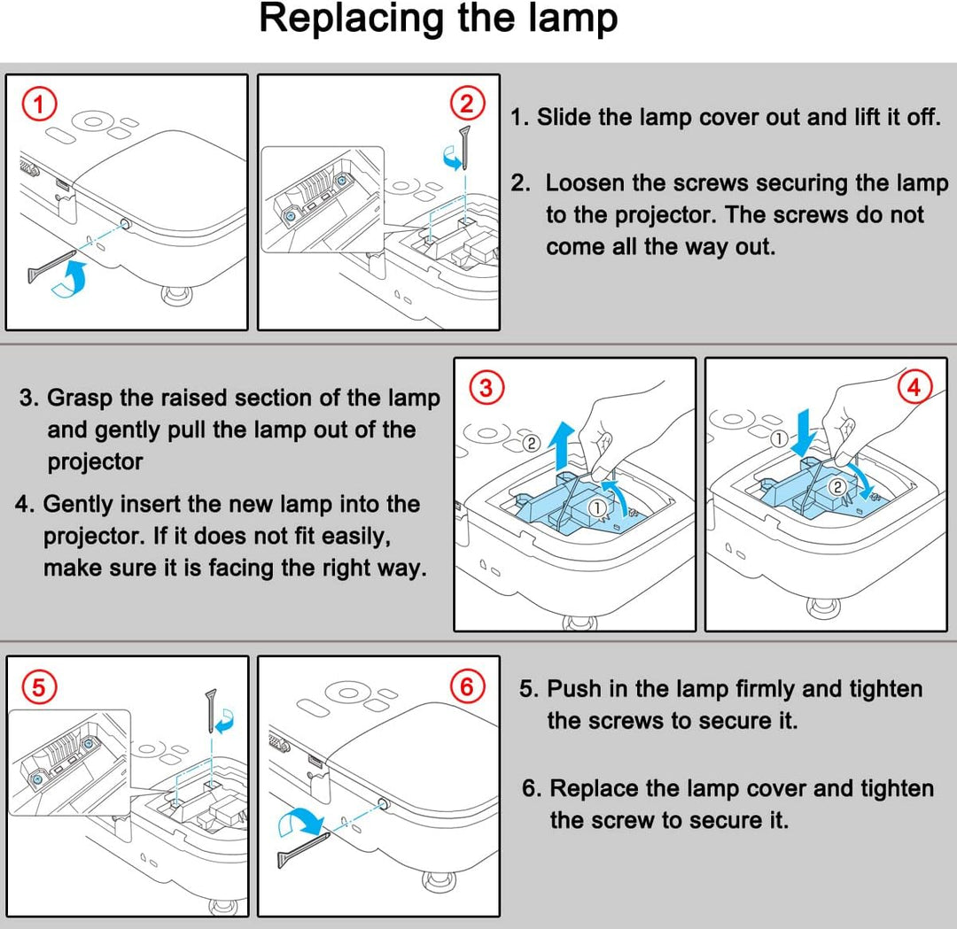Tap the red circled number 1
[x=37, y=105]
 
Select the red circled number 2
[x=467, y=104]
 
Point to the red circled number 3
[x=484, y=387]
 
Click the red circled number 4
[x=914, y=387]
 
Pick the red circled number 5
[x=37, y=685]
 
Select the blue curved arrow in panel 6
[x=300, y=822]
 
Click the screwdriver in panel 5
[x=212, y=708]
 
